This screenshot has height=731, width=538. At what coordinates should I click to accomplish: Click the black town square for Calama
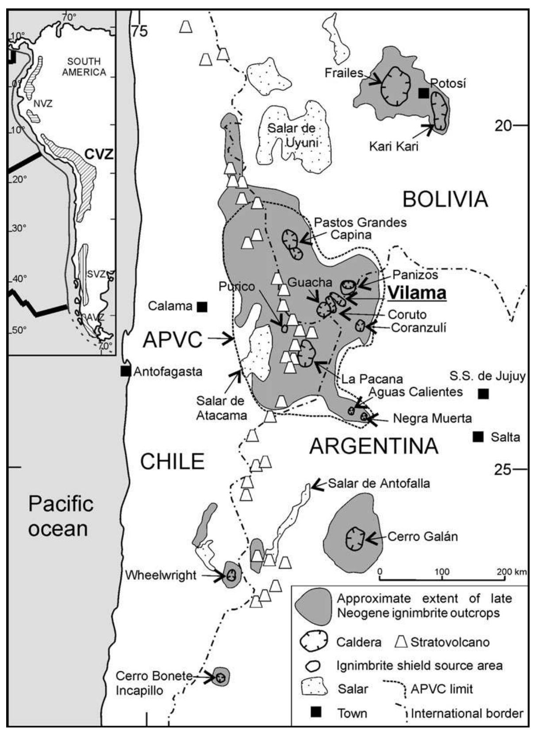point(202,306)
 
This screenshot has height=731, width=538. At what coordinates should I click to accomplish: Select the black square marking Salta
point(477,437)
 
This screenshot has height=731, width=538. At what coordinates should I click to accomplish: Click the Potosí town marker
point(423,93)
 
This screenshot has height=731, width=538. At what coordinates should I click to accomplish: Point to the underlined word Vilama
point(418,293)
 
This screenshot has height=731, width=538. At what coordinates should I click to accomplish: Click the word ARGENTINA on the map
point(374,446)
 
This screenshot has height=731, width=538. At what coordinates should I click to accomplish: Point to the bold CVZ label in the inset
point(99,154)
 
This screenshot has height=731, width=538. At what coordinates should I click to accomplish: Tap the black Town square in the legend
point(316,712)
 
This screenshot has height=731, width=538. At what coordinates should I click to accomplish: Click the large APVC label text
point(173,340)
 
